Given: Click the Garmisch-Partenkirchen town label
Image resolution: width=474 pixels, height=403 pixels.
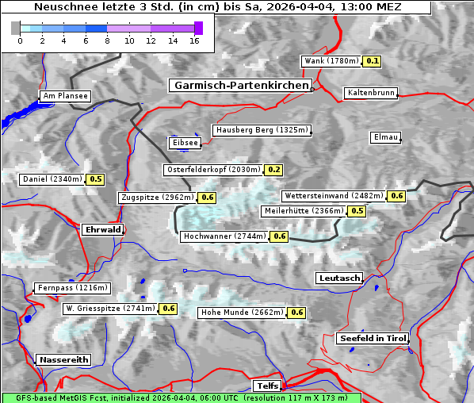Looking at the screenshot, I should pos(239,85).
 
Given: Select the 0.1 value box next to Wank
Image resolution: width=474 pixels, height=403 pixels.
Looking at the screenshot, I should pos(373,61).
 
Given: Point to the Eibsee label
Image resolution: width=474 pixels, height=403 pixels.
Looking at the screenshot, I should pos(184,143).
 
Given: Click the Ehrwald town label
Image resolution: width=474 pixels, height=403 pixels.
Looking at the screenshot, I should pos(102,229).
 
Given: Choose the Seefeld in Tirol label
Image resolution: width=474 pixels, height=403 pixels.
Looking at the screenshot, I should pos(372,338).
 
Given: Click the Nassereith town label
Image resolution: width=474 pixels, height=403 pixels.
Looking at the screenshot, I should pos(63,359).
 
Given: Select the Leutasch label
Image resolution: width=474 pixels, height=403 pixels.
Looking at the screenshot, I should pos(338,278).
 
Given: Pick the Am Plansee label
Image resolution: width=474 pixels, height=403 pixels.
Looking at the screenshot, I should pos(65,96).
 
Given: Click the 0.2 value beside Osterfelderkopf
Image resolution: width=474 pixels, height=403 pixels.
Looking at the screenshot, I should pos(274,170).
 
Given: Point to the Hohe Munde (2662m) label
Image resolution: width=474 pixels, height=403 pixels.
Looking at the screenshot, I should pos(242,313).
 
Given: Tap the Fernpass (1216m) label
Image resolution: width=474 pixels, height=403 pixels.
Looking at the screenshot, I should pos(72,288).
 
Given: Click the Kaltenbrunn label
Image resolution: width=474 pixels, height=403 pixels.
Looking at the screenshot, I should pos(370,93).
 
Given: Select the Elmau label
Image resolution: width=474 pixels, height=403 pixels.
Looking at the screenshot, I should pos(385,137).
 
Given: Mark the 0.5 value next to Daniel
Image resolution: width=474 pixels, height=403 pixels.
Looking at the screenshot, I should pos(96,179).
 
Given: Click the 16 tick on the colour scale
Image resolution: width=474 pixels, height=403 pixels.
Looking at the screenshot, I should pos(194,40).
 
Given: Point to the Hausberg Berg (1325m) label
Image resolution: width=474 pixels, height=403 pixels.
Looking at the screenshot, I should pos(262,130).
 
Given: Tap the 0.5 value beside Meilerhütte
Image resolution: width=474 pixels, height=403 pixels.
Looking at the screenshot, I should pos(357,211).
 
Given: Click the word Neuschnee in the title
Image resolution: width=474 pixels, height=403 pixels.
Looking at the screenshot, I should pos(61,7).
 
